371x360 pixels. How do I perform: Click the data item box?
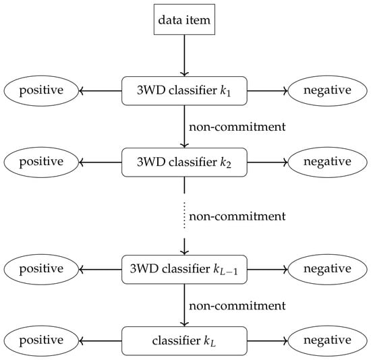tap(184, 20)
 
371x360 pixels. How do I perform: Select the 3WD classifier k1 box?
tap(184, 91)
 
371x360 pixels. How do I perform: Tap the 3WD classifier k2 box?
tap(184, 162)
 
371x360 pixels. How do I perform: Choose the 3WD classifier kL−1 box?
tap(184, 270)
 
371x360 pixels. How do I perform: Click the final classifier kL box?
tap(184, 341)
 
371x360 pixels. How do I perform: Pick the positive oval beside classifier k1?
tap(41, 91)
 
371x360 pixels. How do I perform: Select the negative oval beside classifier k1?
tap(327, 91)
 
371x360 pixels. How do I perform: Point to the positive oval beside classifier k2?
tap(41, 162)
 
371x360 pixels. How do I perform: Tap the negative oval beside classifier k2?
tap(327, 162)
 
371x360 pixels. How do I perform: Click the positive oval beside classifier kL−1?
tap(41, 270)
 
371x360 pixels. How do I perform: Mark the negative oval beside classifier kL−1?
tap(327, 270)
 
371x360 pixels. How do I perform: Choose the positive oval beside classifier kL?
tap(41, 341)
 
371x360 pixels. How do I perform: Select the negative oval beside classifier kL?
tap(327, 341)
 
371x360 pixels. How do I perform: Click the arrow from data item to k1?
tap(184, 55)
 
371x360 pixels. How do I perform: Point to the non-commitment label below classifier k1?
tap(237, 127)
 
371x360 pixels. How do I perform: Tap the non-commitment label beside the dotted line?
tap(237, 216)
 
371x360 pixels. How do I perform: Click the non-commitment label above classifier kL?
tap(237, 305)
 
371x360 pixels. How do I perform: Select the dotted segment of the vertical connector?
tap(184, 216)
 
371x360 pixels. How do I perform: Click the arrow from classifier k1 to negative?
tap(268, 91)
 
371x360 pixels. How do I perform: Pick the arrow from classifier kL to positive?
tap(100, 341)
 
